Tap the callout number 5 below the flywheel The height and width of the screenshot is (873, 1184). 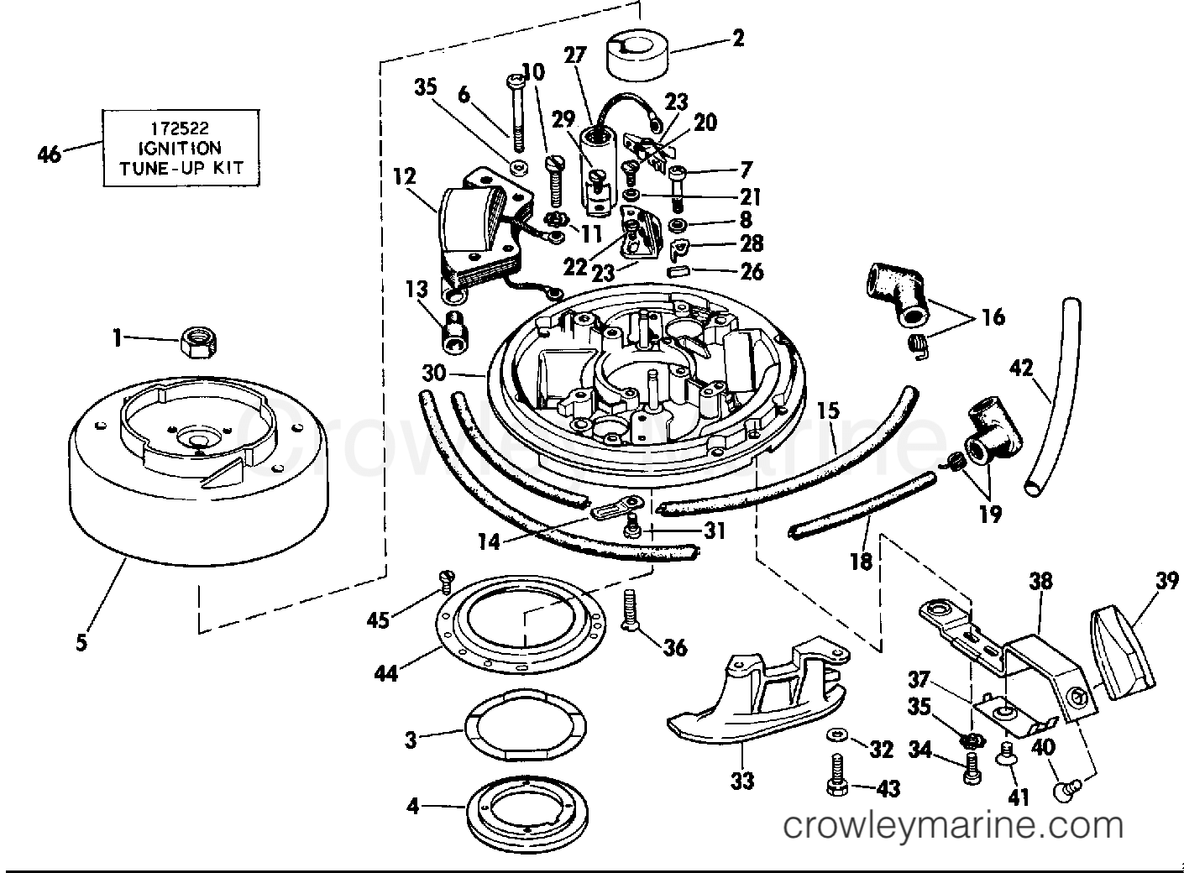81,643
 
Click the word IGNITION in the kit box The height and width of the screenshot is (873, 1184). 180,148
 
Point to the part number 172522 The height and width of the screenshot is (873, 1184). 180,128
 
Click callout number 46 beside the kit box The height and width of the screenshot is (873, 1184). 50,154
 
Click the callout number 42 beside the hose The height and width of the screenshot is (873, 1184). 1021,368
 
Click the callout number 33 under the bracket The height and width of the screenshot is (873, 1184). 742,781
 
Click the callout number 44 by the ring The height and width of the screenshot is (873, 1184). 386,674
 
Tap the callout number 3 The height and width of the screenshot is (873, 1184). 411,740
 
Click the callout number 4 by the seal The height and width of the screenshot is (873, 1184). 412,807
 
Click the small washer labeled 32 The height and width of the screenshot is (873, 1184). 836,734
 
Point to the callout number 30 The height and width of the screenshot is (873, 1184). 434,374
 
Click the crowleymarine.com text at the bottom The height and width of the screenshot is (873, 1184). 954,825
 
